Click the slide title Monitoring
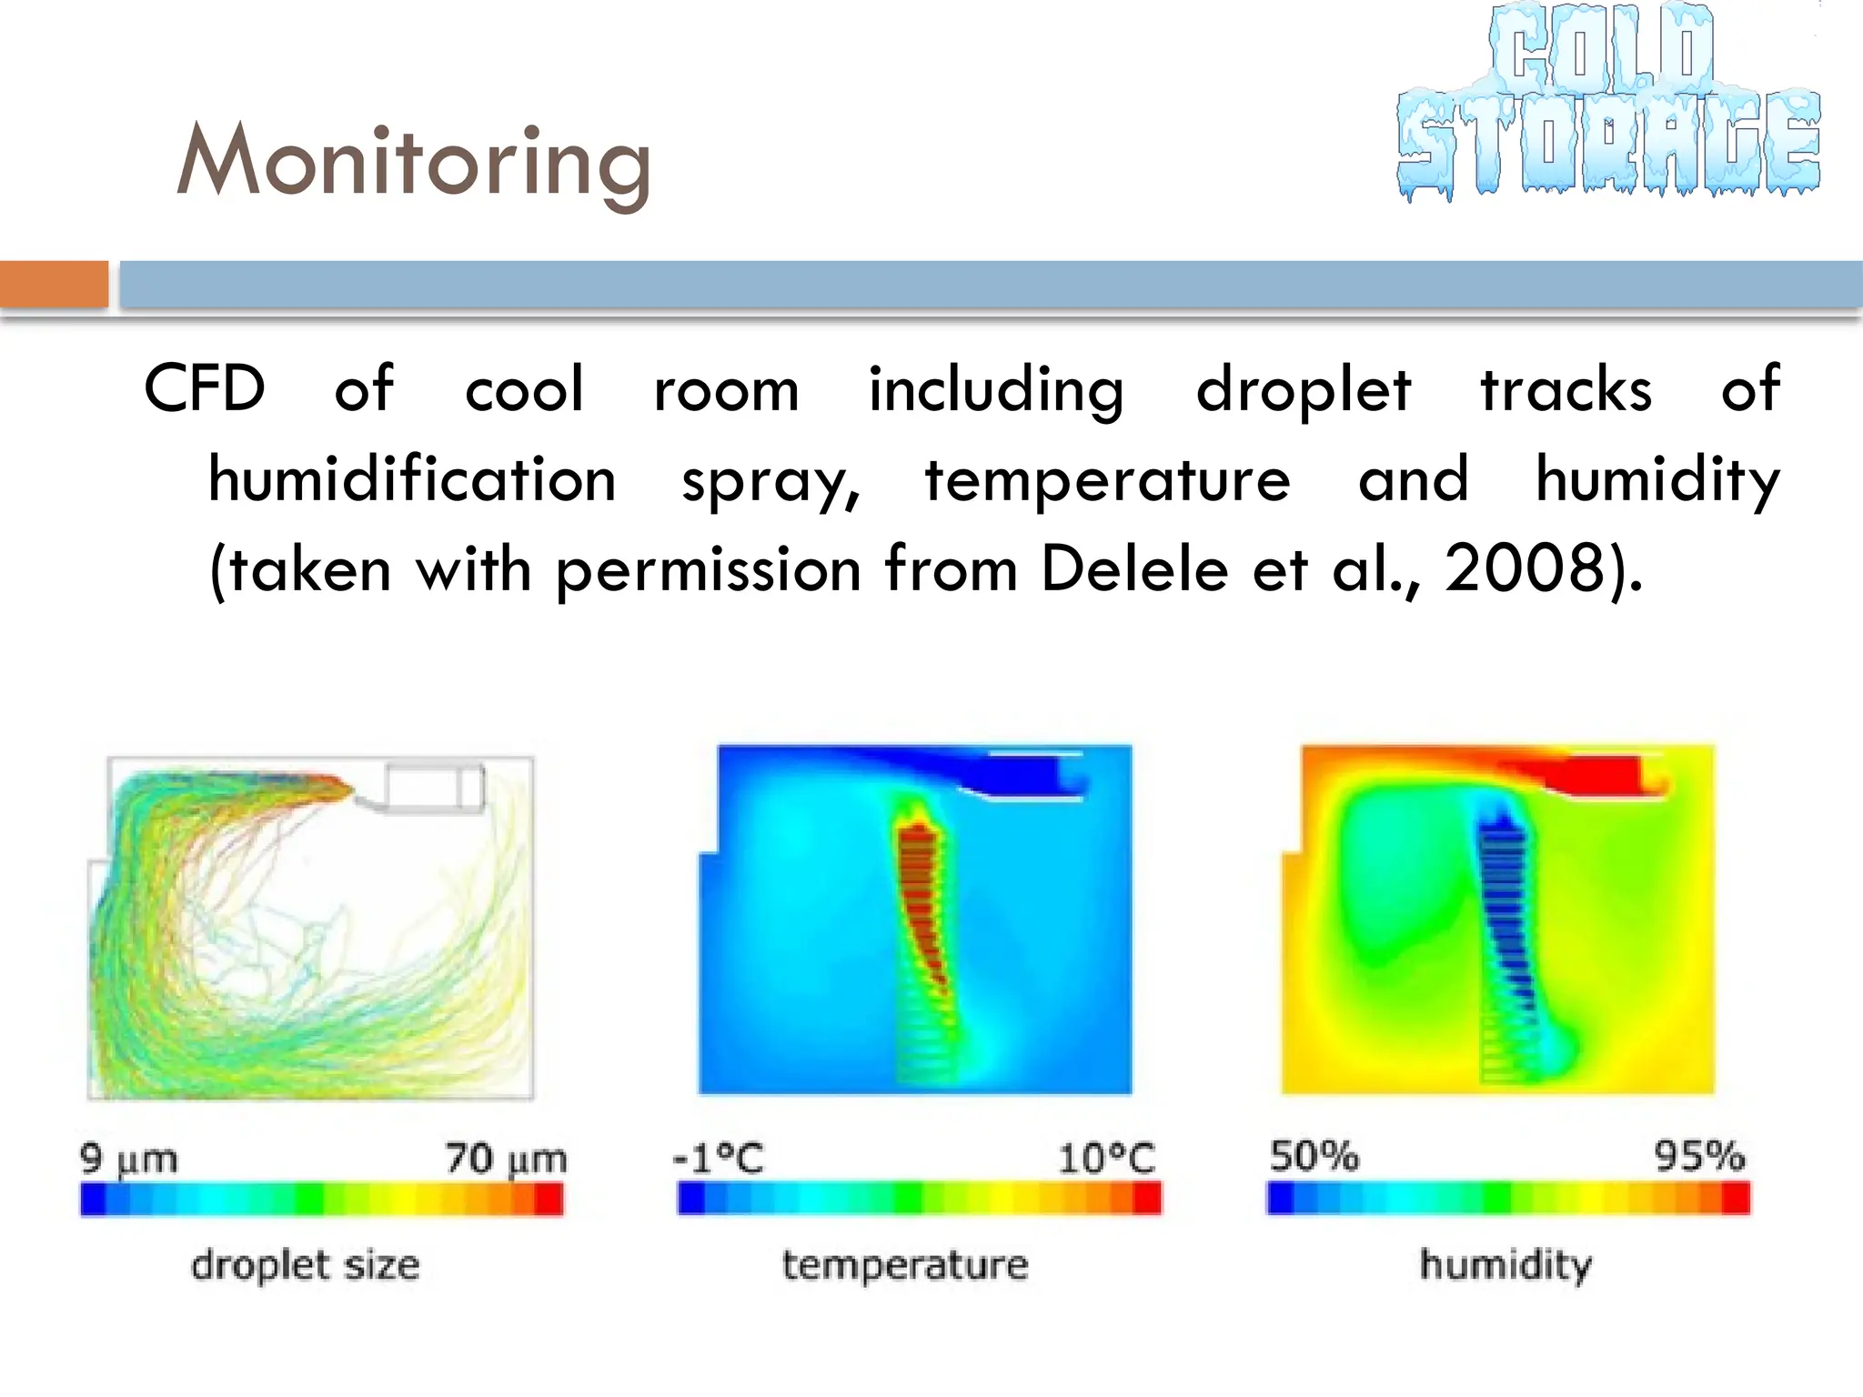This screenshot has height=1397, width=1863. [414, 162]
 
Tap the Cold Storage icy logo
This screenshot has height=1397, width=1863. [1608, 102]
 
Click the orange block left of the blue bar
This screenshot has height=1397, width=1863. [54, 284]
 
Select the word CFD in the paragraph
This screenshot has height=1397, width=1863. [205, 389]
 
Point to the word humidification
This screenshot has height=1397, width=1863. [412, 479]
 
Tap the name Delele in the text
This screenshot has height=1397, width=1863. [1133, 569]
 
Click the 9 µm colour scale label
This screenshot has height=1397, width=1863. [128, 1159]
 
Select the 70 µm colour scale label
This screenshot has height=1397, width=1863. [505, 1159]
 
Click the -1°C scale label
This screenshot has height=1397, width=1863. [719, 1159]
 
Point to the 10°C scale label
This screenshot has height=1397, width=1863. [1106, 1159]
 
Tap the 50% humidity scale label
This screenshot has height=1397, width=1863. [1314, 1156]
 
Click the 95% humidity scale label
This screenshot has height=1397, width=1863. [1698, 1156]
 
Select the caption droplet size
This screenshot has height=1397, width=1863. [306, 1265]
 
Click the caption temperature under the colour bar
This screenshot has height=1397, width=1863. [905, 1265]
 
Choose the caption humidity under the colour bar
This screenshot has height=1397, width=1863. [1506, 1265]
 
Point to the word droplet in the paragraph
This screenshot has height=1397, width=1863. [1303, 389]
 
